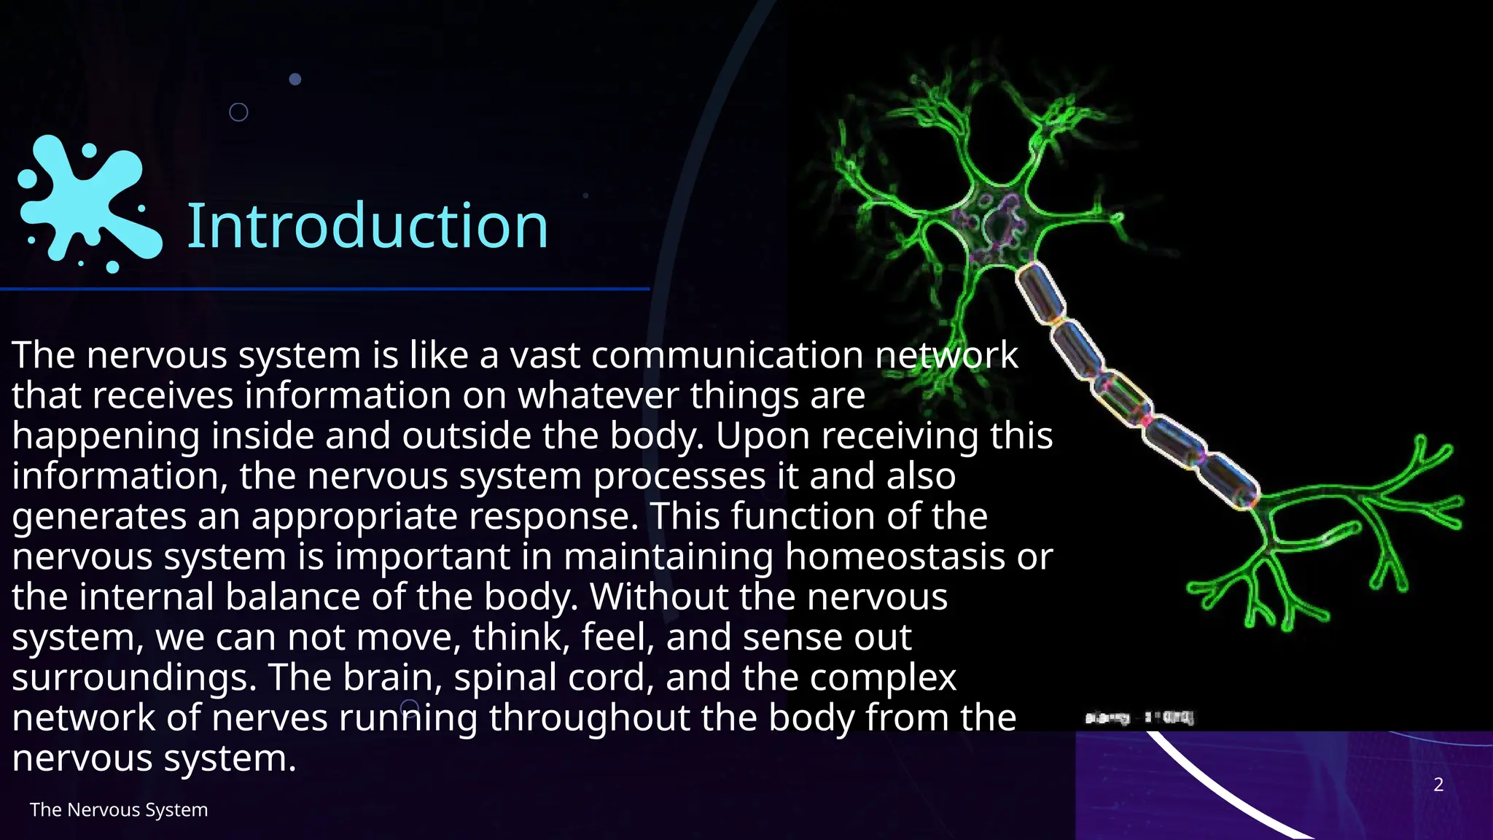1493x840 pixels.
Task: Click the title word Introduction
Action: click(367, 226)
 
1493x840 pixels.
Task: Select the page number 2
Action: click(1438, 785)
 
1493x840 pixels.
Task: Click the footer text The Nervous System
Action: click(119, 810)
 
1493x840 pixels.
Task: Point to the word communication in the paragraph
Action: click(728, 356)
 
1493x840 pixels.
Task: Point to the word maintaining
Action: click(668, 557)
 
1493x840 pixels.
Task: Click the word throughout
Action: click(589, 718)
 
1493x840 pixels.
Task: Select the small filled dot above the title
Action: click(295, 79)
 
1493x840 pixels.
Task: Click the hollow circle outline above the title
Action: click(238, 112)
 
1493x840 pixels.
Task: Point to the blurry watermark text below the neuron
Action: click(1139, 718)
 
